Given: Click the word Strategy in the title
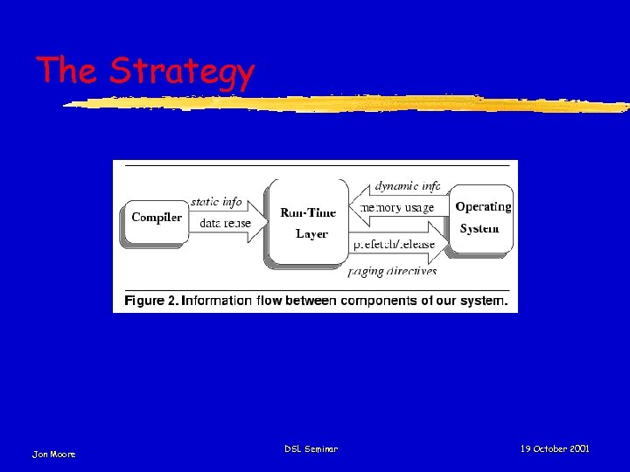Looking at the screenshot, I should click(182, 73).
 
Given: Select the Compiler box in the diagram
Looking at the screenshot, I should click(156, 219).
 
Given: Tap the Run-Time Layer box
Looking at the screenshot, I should click(307, 222).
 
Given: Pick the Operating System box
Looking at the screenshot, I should click(481, 218).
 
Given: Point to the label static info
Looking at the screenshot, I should click(216, 202).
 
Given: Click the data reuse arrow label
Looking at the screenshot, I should click(225, 223).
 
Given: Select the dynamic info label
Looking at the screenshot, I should click(408, 186).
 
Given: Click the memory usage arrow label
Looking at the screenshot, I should click(397, 208).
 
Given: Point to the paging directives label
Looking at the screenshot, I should click(392, 271).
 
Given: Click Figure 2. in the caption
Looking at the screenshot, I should click(151, 301).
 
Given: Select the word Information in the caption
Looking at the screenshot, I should click(216, 301).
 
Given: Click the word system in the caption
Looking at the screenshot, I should click(483, 301).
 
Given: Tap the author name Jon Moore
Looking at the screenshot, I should click(54, 454).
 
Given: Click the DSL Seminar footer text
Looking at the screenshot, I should click(311, 448).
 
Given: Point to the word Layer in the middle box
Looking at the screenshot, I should click(311, 233).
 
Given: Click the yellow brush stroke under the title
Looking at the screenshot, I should click(350, 104).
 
